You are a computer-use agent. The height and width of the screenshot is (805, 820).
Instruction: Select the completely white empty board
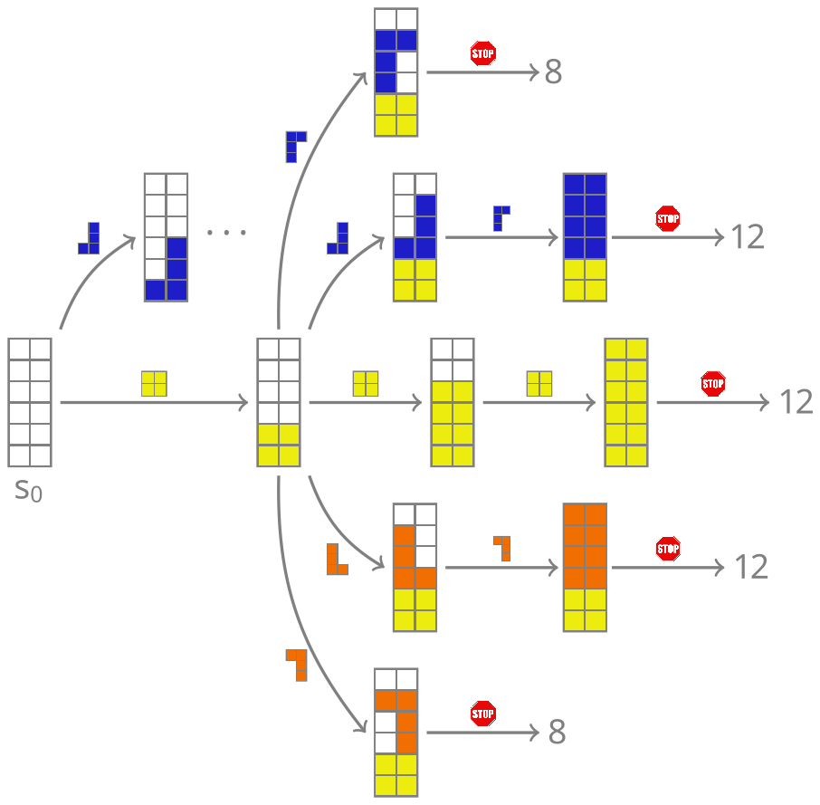pos(30,402)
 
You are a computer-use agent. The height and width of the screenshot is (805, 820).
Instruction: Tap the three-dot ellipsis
pos(226,233)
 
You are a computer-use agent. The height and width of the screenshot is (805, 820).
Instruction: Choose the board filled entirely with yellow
pos(625,402)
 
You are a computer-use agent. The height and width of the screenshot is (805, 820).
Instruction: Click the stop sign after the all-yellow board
pos(713,384)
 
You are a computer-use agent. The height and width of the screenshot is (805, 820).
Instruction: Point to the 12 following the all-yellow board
pos(796,402)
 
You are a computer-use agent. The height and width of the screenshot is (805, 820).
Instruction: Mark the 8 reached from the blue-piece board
pos(553,72)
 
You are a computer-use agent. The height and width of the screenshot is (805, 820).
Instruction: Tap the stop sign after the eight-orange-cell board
pos(668,549)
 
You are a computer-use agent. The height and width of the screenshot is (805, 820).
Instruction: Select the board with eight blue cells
pos(584,237)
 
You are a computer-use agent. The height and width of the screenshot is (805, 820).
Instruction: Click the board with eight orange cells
pos(584,567)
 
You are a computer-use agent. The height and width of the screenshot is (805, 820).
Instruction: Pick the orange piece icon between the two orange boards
pos(502,548)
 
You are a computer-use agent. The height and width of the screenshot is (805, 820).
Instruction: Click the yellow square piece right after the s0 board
pos(154,384)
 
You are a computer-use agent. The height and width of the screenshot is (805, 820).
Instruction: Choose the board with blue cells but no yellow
pos(166,237)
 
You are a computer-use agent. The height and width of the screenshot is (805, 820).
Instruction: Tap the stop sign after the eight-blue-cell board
pos(668,218)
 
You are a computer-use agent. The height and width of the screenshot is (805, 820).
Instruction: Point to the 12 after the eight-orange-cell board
pos(750,567)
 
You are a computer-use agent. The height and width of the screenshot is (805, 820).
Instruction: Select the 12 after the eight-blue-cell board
pos(748,237)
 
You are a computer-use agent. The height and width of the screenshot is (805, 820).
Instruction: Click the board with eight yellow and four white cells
pos(453,402)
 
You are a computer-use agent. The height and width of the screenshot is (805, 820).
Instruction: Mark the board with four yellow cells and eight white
pos(278,402)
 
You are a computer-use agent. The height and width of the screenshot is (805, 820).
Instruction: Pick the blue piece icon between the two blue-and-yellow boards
pos(501,218)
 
